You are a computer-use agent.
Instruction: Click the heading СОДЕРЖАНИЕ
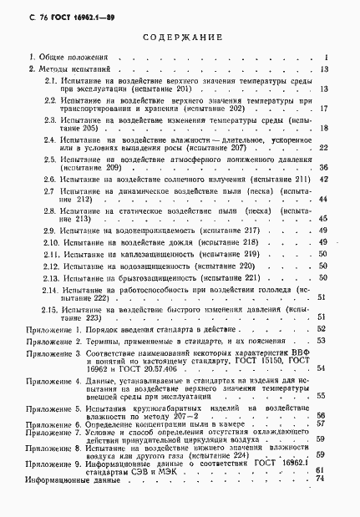(x=180, y=38)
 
